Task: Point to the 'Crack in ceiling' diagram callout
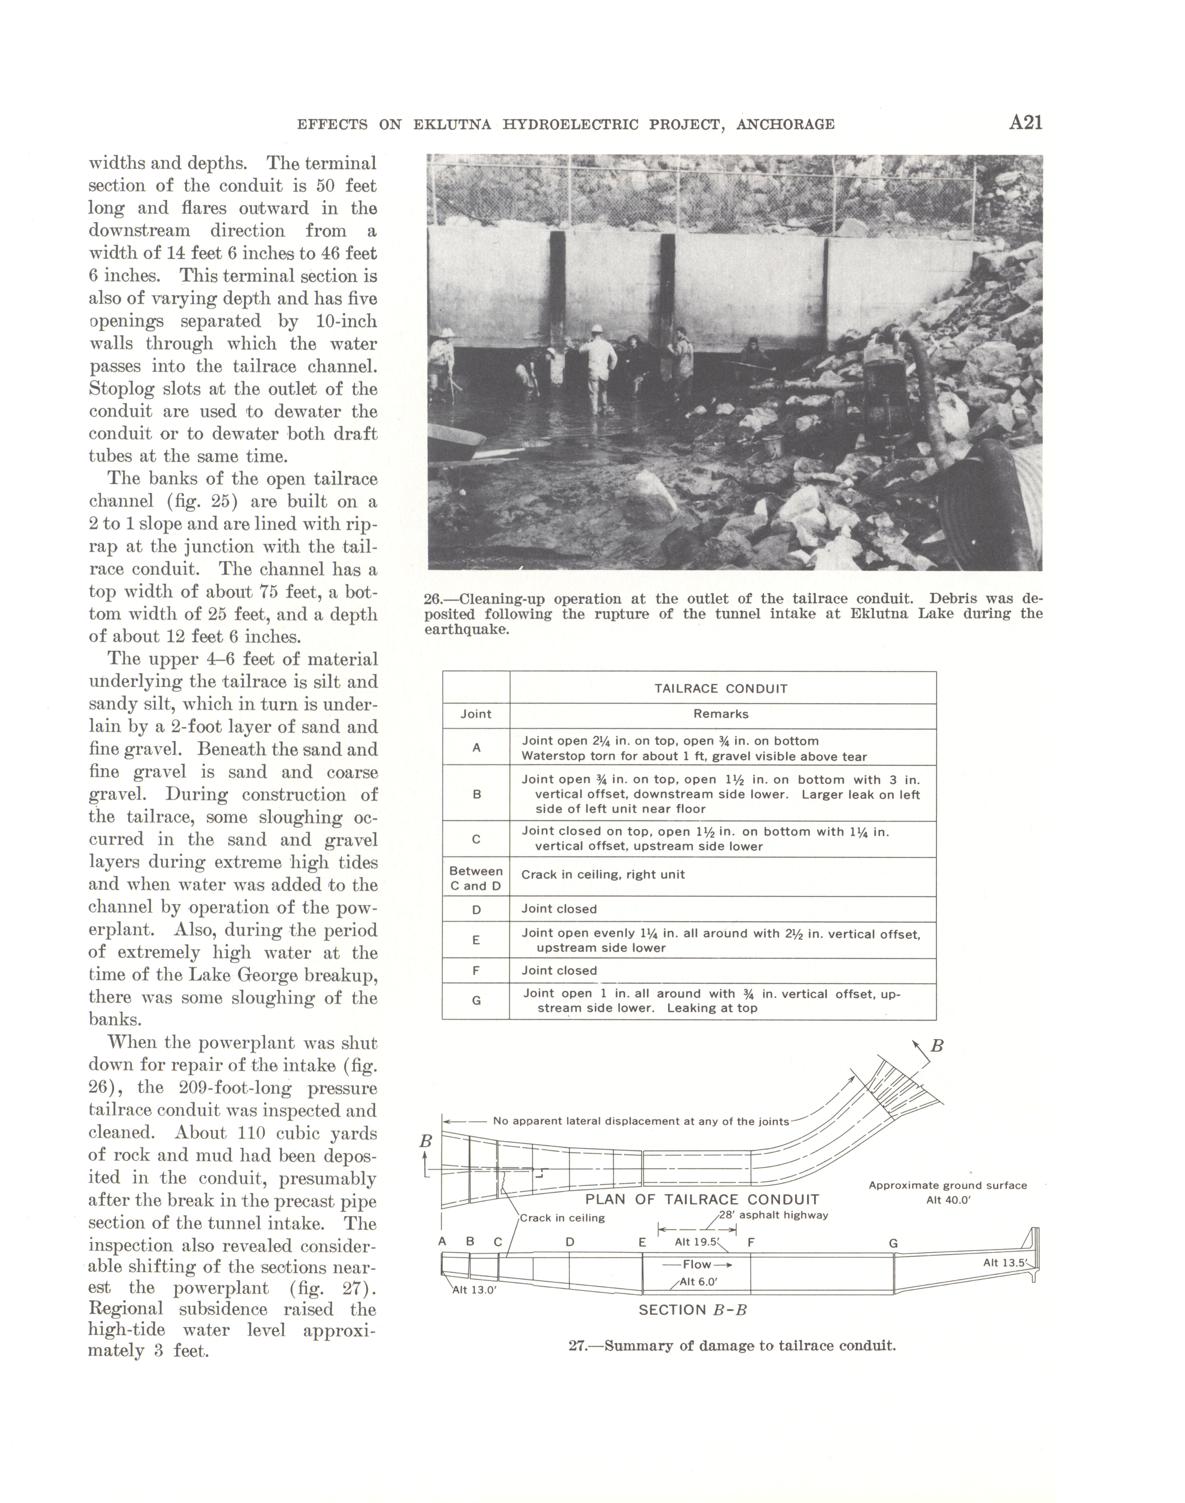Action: click(562, 1218)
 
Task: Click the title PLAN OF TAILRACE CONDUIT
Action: click(702, 1199)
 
